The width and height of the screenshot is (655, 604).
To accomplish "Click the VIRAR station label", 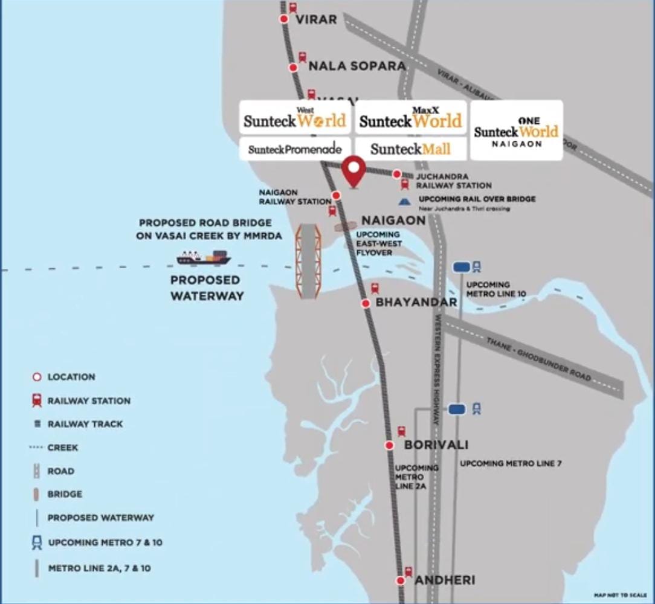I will (x=316, y=19).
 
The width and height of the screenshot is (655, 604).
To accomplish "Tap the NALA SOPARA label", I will (x=357, y=66).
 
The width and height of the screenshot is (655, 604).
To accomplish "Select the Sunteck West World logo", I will (x=295, y=118).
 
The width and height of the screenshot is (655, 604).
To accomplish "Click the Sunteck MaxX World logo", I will (x=411, y=118).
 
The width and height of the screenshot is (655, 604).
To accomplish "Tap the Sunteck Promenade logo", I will (x=295, y=149).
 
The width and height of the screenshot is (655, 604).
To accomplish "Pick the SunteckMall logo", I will (x=410, y=149).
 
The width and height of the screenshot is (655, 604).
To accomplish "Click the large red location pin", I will (x=354, y=171).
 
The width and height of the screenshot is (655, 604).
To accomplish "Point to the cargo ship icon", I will (x=204, y=258).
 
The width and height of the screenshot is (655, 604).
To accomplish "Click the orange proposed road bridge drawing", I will (x=308, y=261).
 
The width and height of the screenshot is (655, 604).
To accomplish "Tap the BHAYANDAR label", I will (x=416, y=302).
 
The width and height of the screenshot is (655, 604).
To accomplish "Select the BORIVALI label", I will (x=436, y=445).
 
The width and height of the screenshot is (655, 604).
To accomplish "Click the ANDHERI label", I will (x=445, y=580).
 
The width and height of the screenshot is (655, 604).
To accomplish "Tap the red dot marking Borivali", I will (x=390, y=446).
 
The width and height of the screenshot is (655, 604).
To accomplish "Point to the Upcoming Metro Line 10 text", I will (x=496, y=289).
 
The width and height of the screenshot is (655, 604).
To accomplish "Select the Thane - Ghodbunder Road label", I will (x=538, y=358).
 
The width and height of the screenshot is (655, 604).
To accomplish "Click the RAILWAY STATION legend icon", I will (x=37, y=400).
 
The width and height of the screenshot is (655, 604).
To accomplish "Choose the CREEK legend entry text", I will (x=63, y=448).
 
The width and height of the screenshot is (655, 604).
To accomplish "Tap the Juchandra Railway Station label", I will (x=453, y=181).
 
